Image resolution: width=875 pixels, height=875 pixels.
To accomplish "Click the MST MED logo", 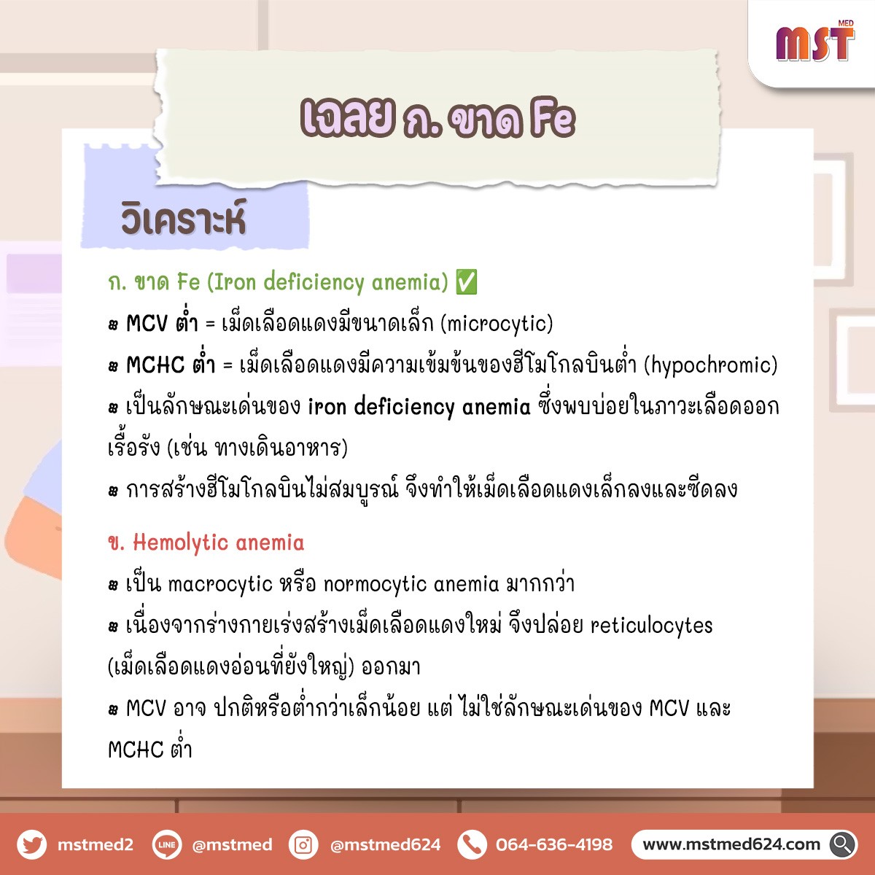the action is coord(815,42).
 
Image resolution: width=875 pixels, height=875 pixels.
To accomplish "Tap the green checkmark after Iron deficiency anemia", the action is coord(467,282).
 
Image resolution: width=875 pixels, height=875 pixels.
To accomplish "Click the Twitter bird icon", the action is coord(32,844).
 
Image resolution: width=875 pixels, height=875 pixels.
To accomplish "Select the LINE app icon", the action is coord(167,844).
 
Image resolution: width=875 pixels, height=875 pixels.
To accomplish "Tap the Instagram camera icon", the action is coord(303,844).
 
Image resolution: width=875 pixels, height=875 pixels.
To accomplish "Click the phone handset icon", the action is coord(472,844).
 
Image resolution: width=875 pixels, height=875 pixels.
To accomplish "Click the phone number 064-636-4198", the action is coord(554,844).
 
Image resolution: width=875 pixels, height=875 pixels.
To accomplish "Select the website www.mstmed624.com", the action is coord(731,844).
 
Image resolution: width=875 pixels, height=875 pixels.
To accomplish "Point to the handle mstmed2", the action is coord(96,844).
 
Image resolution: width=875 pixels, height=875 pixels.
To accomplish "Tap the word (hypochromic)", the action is coord(711,365).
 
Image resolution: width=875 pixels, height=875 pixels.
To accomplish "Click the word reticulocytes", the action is coord(652,626).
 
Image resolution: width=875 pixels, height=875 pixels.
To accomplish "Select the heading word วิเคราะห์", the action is coord(184,219).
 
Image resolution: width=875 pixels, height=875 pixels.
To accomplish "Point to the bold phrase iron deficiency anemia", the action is coord(419,407).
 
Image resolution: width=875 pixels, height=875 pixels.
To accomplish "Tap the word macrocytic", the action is coord(220,584).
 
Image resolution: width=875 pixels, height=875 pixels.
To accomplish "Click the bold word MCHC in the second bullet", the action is coord(155,365).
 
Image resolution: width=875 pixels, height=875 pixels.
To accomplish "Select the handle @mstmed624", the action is coord(386,844).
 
